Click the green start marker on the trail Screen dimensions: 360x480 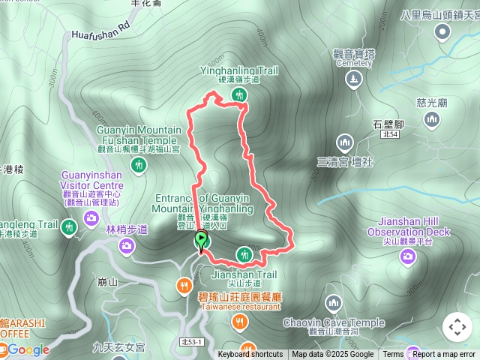tap(201, 239)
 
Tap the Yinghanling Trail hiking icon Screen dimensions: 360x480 tap(239, 94)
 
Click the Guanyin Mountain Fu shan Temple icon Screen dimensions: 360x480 tap(139, 164)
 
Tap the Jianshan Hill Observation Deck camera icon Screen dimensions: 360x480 tap(408, 257)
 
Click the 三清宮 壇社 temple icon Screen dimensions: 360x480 tap(344, 141)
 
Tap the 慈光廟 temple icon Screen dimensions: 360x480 tap(432, 119)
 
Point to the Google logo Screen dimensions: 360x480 tap(28, 349)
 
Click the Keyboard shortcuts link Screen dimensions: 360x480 tap(250, 355)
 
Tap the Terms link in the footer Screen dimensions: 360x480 tap(393, 355)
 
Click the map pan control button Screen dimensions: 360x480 tap(457, 327)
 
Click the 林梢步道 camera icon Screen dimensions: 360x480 tap(127, 244)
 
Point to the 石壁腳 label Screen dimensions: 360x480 tap(388, 124)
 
